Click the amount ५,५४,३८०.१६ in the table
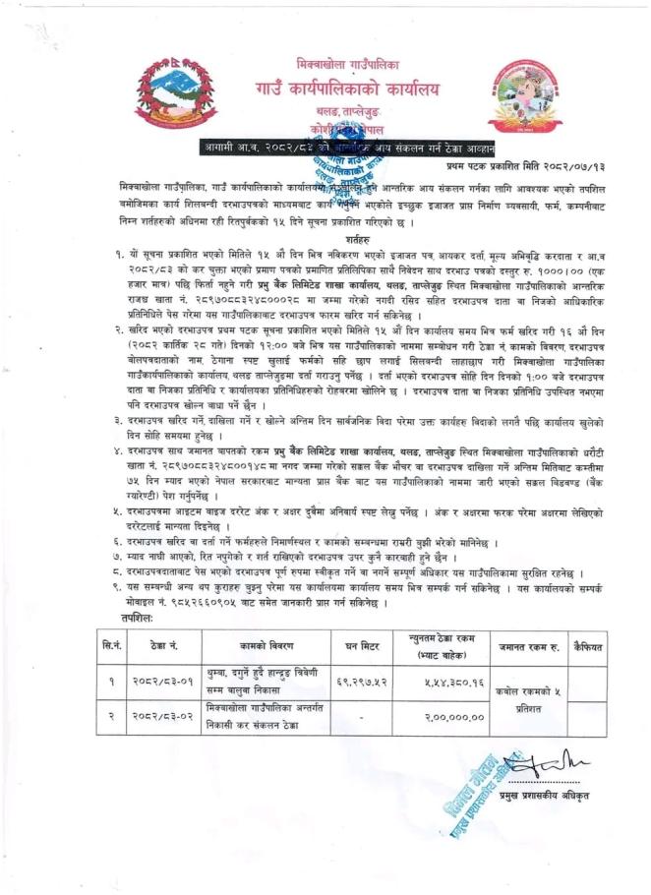[448, 682]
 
